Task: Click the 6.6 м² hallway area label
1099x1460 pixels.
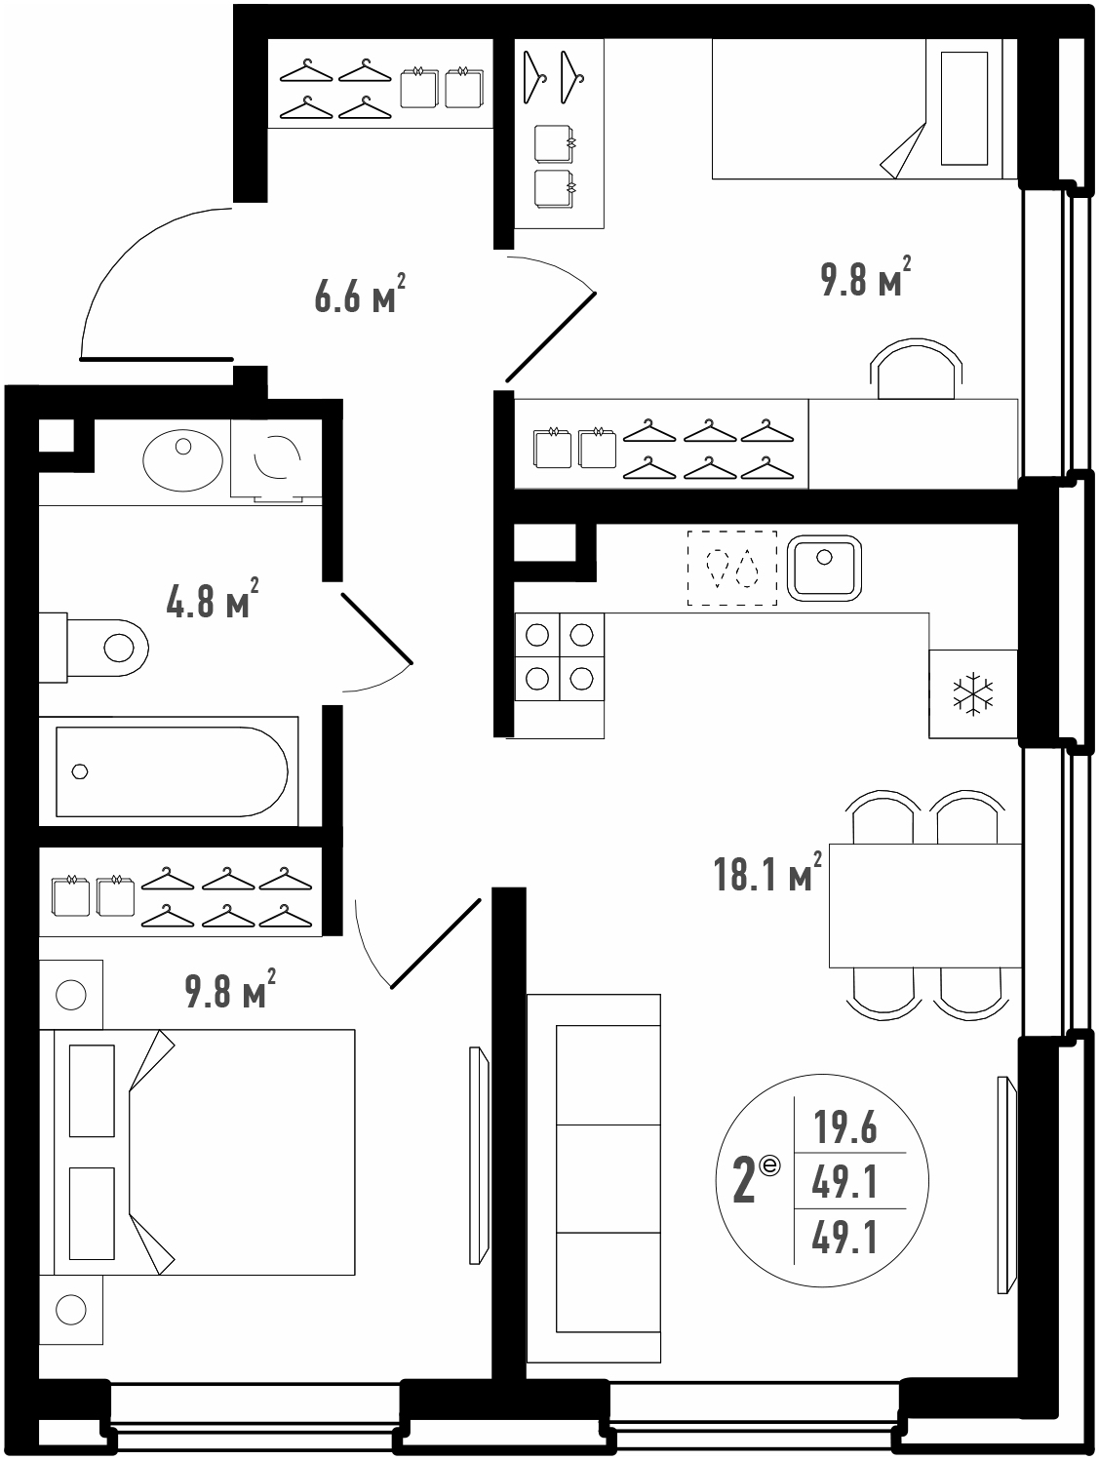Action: tap(360, 294)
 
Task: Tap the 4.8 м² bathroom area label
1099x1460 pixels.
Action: tap(212, 599)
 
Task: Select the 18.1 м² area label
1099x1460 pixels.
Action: tap(767, 872)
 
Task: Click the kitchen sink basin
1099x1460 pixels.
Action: tap(824, 568)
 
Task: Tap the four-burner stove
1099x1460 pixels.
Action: tap(559, 656)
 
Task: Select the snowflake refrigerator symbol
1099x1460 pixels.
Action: tap(972, 693)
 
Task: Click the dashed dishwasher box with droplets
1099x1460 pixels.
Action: tap(732, 568)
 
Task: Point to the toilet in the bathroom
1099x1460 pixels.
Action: tap(93, 648)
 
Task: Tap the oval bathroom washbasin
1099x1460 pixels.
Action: tap(182, 460)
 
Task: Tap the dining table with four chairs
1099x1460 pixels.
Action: tap(924, 905)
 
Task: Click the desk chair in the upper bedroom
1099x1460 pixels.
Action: tap(917, 370)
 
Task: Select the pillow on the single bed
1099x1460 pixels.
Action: tap(964, 107)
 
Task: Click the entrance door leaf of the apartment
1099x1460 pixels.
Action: tap(157, 359)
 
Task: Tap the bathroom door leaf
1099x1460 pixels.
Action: tap(377, 628)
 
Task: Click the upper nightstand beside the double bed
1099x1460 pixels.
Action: tap(71, 995)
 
